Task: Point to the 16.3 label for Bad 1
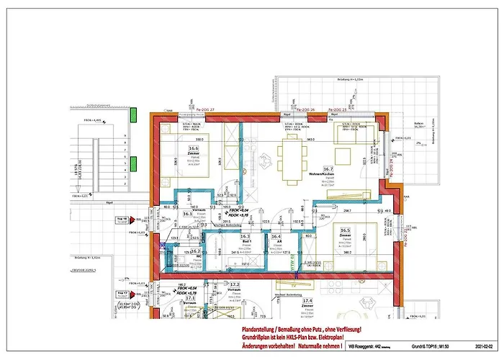245,236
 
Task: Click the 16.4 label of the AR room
276,236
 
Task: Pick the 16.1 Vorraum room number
188,214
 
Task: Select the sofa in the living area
354,134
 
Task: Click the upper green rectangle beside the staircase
133,114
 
